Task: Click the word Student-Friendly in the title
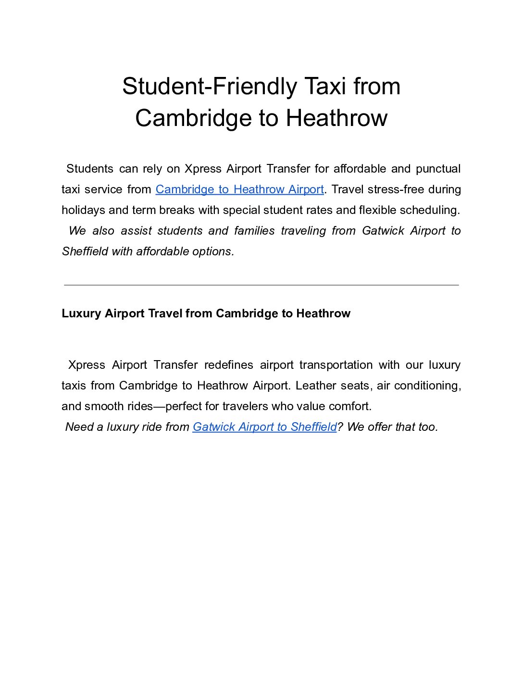210,87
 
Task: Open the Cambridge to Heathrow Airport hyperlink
239,189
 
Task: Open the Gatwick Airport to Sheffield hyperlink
264,427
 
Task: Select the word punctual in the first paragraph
438,169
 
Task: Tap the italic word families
254,231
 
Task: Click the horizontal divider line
261,285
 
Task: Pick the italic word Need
79,427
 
